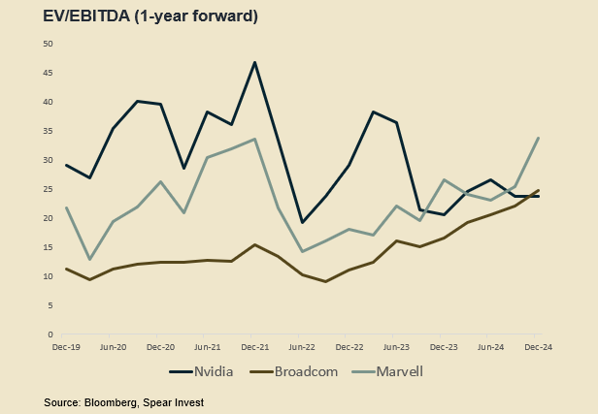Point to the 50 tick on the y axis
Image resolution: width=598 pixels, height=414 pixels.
click(49, 45)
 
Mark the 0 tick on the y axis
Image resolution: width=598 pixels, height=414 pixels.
click(51, 334)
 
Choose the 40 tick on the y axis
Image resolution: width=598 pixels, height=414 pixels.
click(49, 102)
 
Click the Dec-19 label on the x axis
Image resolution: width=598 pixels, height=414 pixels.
click(65, 346)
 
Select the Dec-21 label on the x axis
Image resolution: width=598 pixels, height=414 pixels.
click(254, 346)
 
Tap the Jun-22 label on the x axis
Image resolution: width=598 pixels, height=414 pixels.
click(302, 346)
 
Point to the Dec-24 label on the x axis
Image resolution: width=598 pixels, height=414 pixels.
click(539, 346)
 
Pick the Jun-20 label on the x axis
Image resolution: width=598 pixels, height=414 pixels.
click(113, 346)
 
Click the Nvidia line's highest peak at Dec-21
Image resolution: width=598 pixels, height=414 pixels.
click(254, 63)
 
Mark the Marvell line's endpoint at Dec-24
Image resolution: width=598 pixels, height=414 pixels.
click(539, 138)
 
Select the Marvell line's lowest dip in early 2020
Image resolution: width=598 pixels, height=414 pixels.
click(89, 259)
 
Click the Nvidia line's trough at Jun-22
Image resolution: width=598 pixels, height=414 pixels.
click(302, 222)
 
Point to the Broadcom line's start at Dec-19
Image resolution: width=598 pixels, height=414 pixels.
click(65, 269)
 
